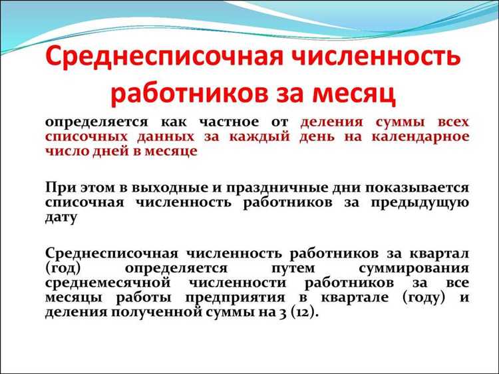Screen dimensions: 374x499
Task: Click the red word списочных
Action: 87,137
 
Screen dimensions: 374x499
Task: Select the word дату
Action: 62,217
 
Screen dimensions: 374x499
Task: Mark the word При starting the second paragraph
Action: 58,188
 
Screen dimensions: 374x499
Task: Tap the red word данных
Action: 171,137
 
